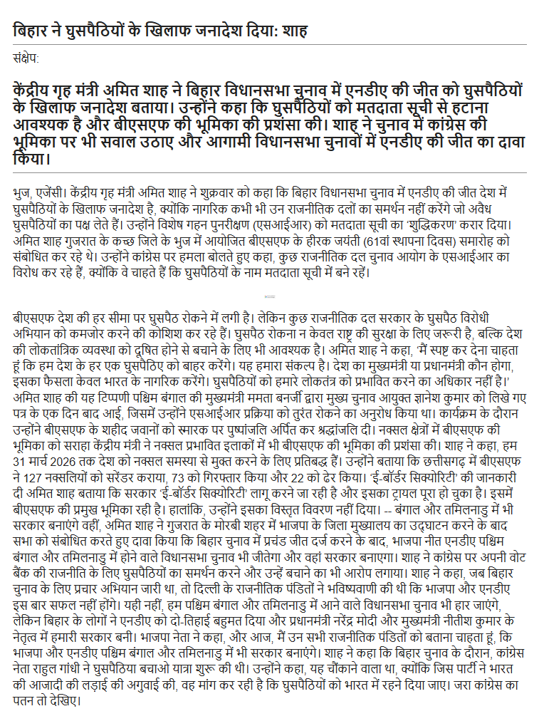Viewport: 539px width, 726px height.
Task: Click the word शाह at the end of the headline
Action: pyautogui.click(x=295, y=31)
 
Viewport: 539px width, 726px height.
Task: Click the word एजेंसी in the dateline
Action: pyautogui.click(x=51, y=192)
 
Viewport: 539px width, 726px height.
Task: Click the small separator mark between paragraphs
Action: pyautogui.click(x=270, y=296)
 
